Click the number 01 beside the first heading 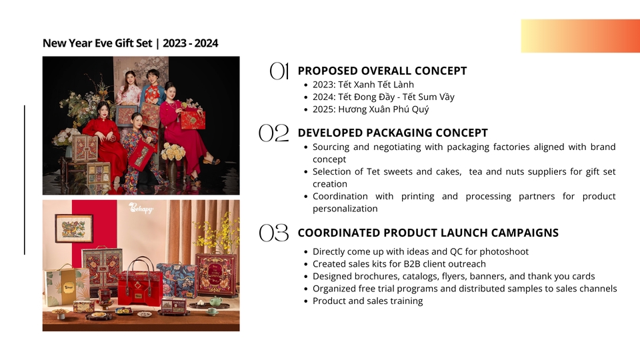[279, 71]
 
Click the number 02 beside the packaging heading [273, 133]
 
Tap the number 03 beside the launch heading [273, 233]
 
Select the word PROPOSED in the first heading [327, 71]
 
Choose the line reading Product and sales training [367, 301]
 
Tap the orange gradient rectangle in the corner [580, 36]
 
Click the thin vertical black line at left [25, 180]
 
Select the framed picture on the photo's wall [74, 227]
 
